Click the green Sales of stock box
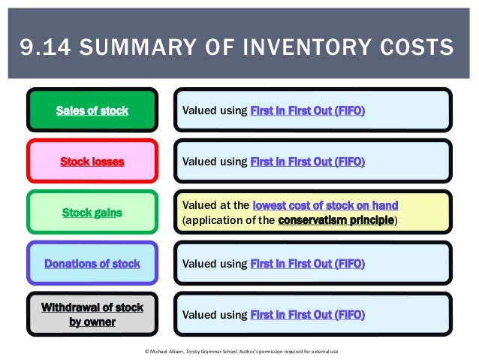pos(92,110)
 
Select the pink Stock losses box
pos(92,162)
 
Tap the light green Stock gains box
pos(92,213)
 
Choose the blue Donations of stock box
pos(92,264)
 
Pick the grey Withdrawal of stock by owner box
pos(92,315)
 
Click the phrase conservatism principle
pos(336,220)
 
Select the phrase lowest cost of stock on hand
pos(325,205)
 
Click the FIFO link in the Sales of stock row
pos(307,110)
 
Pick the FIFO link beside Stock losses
pos(307,162)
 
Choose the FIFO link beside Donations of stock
pos(307,264)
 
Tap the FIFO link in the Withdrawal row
pos(307,315)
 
